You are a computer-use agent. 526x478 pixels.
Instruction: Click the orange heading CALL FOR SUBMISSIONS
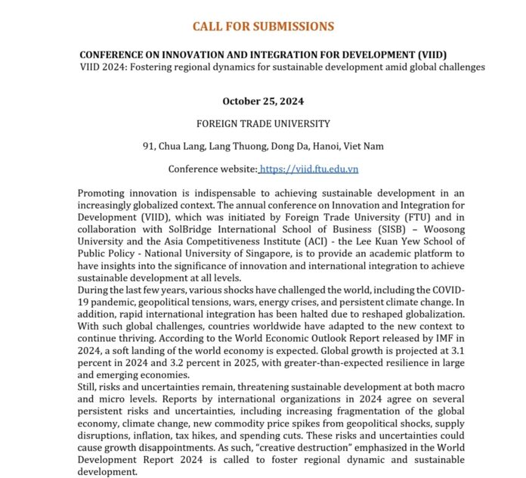coord(262,26)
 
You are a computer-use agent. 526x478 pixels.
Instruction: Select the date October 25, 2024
coord(262,101)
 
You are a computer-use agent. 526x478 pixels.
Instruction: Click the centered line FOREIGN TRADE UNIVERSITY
coord(262,123)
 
